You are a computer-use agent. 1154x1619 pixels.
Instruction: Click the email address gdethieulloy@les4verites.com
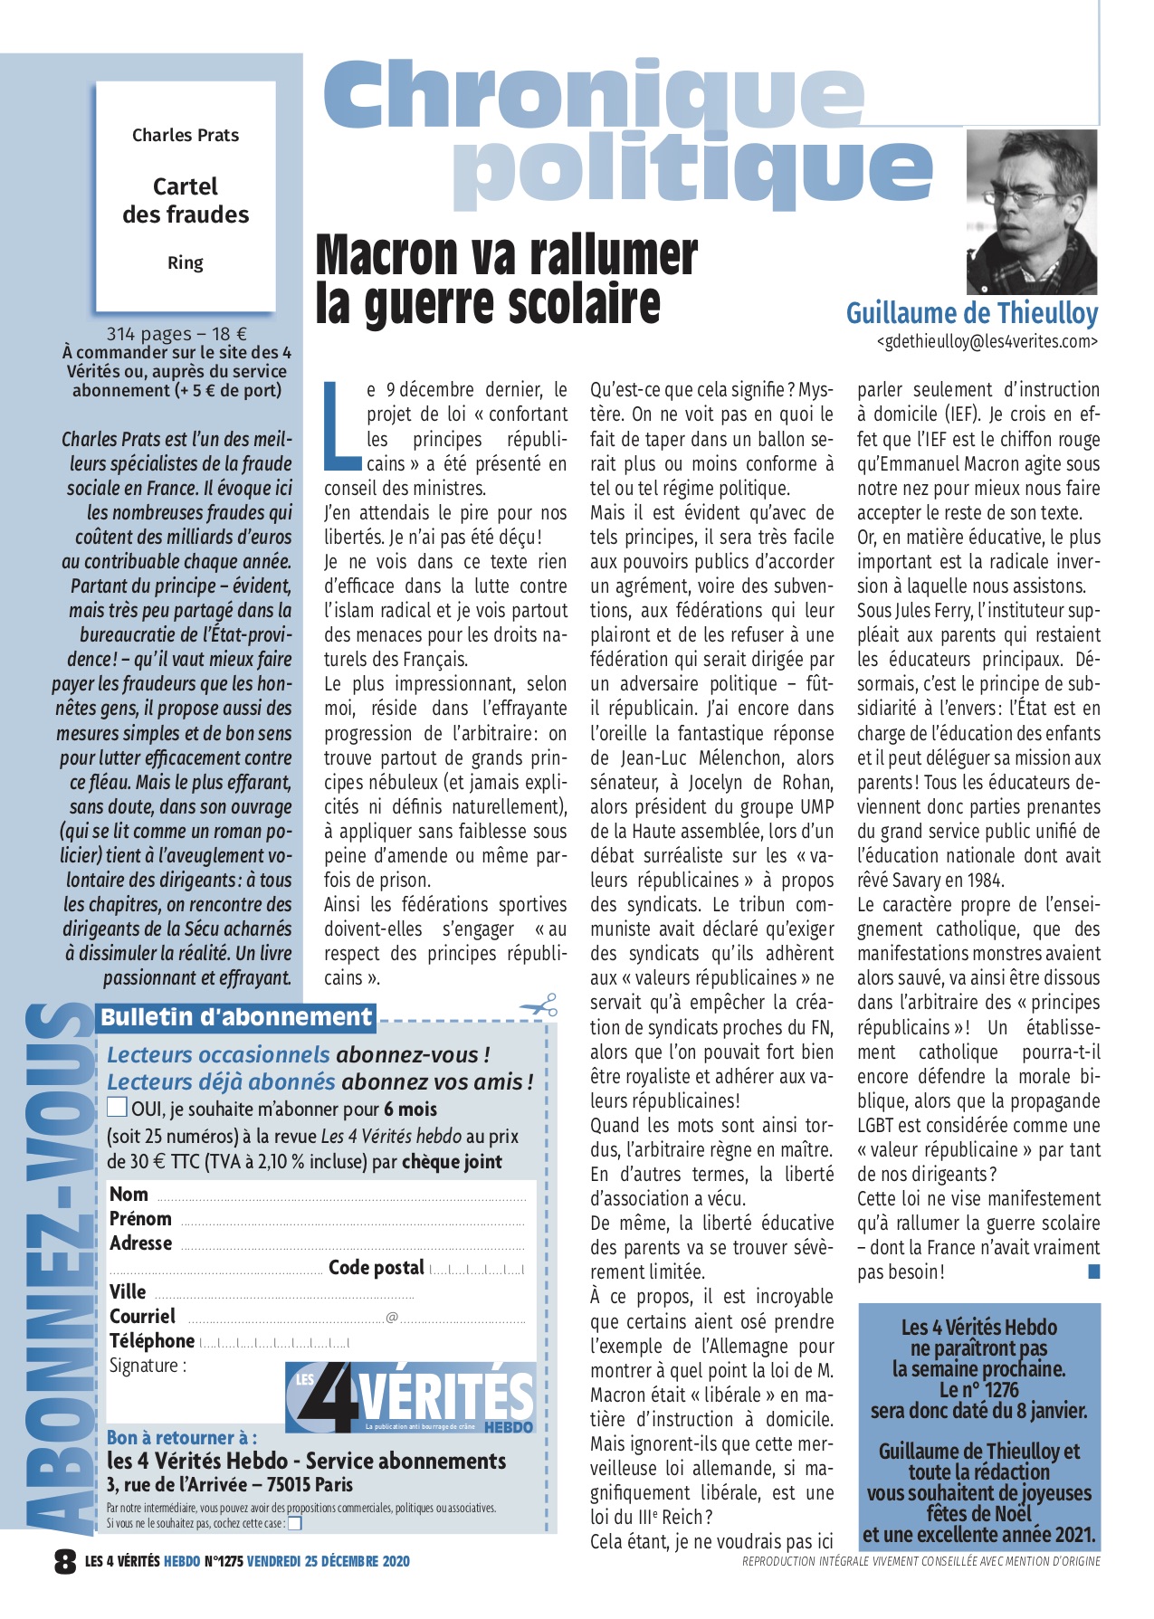coord(987,341)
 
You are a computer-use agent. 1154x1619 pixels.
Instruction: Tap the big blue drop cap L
coord(342,425)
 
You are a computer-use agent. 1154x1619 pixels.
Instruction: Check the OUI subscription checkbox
coord(117,1107)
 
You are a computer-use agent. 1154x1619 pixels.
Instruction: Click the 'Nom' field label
coord(129,1195)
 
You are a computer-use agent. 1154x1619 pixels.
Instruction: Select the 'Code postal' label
coord(376,1267)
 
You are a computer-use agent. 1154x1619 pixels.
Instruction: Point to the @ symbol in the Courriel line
coord(392,1317)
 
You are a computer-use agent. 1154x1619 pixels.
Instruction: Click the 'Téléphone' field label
coord(151,1340)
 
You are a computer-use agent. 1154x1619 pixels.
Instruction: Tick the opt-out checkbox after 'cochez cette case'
coord(294,1523)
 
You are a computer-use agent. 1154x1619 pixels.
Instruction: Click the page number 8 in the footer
coord(65,1561)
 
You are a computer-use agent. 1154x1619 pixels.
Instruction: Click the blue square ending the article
coord(1093,1271)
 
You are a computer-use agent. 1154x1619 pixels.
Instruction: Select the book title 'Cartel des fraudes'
coord(186,200)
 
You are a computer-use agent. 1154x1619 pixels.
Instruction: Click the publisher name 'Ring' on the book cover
coord(186,262)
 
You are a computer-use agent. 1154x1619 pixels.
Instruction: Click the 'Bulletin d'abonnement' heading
coord(235,1017)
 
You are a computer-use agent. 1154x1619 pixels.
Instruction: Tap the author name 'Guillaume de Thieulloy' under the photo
coord(971,313)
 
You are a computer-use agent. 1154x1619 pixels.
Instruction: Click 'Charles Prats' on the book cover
coord(186,135)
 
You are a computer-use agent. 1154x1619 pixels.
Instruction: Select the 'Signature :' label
coord(148,1366)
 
